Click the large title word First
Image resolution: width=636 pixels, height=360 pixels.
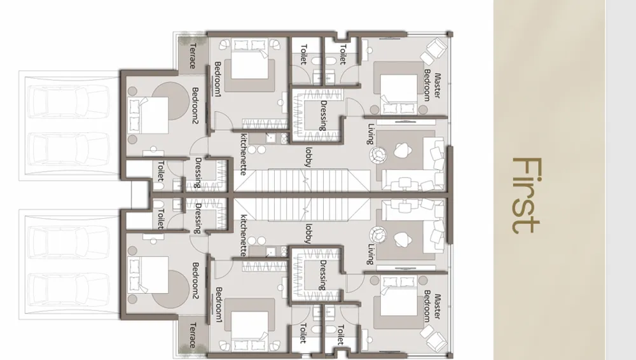tap(527, 195)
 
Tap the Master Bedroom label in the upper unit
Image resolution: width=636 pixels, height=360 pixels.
tap(432, 86)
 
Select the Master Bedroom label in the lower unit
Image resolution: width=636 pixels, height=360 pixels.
tap(432, 307)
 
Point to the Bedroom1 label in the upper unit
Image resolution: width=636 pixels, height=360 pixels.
tap(218, 78)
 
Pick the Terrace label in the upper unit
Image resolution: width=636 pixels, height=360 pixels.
tap(193, 55)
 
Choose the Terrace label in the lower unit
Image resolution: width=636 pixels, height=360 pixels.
tap(193, 335)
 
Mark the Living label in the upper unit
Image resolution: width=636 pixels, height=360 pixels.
tap(370, 134)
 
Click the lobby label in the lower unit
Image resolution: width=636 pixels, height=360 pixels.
tap(308, 234)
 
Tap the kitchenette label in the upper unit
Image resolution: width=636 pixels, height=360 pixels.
tap(244, 155)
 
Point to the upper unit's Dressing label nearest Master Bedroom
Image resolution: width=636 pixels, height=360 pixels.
tap(323, 116)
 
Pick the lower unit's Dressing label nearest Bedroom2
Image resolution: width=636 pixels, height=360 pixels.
tap(198, 219)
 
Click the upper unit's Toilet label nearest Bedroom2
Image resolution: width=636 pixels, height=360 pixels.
tap(161, 170)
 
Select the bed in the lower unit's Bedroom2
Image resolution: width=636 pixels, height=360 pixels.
tap(148, 275)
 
